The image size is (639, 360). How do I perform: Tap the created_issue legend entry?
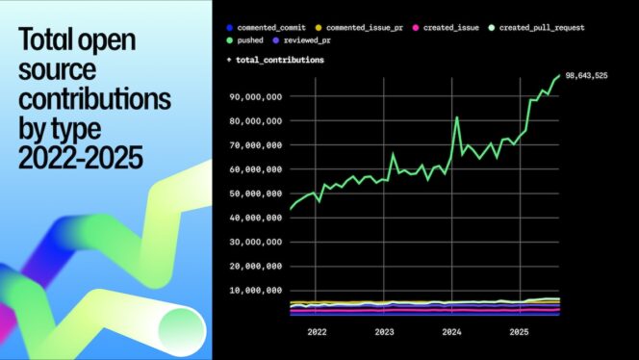(450, 28)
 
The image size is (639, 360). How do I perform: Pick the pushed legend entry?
(246, 42)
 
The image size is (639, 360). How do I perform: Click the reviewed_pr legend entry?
(330, 42)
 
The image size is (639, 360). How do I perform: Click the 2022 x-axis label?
(317, 332)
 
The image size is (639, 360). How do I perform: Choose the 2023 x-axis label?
(384, 332)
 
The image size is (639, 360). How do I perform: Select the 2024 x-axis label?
(451, 332)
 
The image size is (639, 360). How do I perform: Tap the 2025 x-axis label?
(519, 332)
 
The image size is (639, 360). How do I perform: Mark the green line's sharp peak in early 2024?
(457, 118)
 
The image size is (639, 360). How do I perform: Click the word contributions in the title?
(95, 98)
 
